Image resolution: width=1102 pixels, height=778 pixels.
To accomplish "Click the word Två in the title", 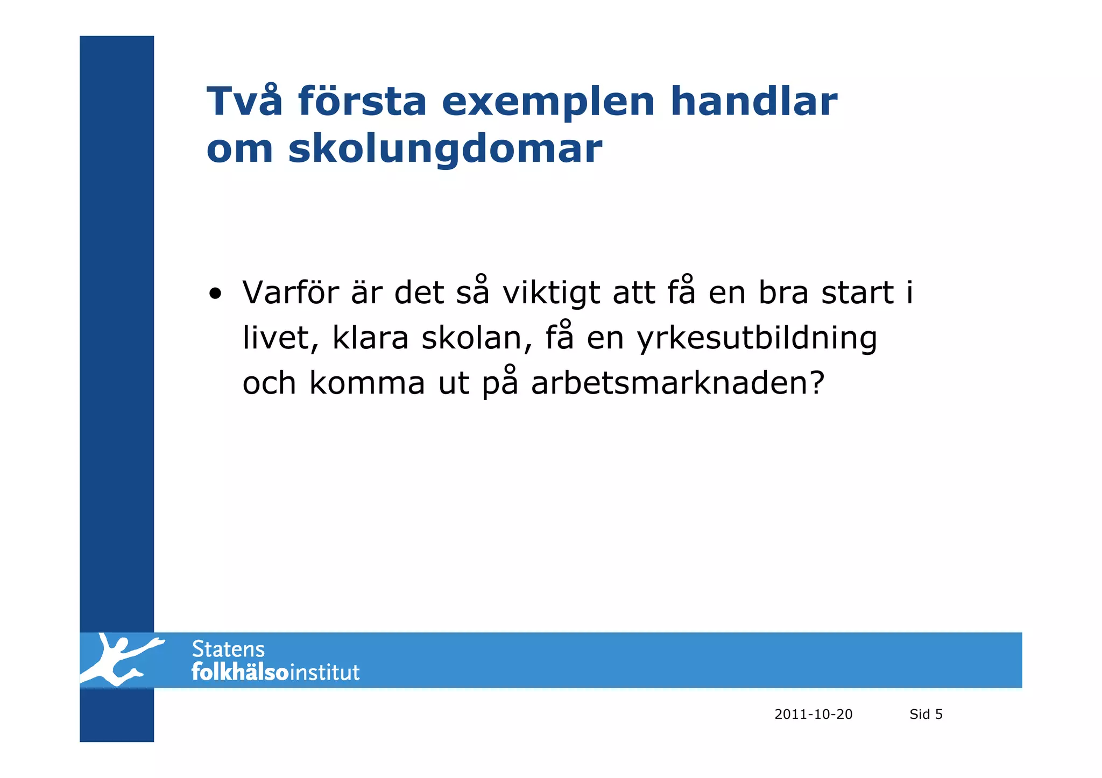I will pos(244,102).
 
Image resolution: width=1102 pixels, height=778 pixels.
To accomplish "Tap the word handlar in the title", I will pos(753,102).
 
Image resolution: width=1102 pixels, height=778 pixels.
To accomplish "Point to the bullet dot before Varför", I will pos(215,295).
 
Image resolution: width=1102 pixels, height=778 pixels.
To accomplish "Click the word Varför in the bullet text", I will pos(291,293).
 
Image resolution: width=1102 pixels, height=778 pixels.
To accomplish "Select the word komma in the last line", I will pos(367,384).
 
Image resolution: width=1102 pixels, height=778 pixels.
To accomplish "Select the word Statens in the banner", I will pos(228,649).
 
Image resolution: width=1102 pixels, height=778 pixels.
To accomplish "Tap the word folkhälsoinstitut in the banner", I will pos(275,673).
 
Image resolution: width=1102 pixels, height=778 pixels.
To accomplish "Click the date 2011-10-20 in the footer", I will pos(813,714).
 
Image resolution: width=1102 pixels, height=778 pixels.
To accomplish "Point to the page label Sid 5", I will pos(926,714).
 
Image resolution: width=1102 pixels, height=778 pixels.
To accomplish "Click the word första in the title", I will pos(362,102).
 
